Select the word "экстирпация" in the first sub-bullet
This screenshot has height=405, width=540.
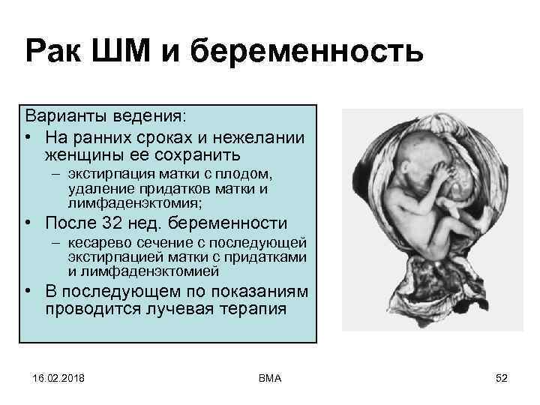(105, 177)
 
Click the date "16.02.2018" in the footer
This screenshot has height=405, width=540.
(58, 377)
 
